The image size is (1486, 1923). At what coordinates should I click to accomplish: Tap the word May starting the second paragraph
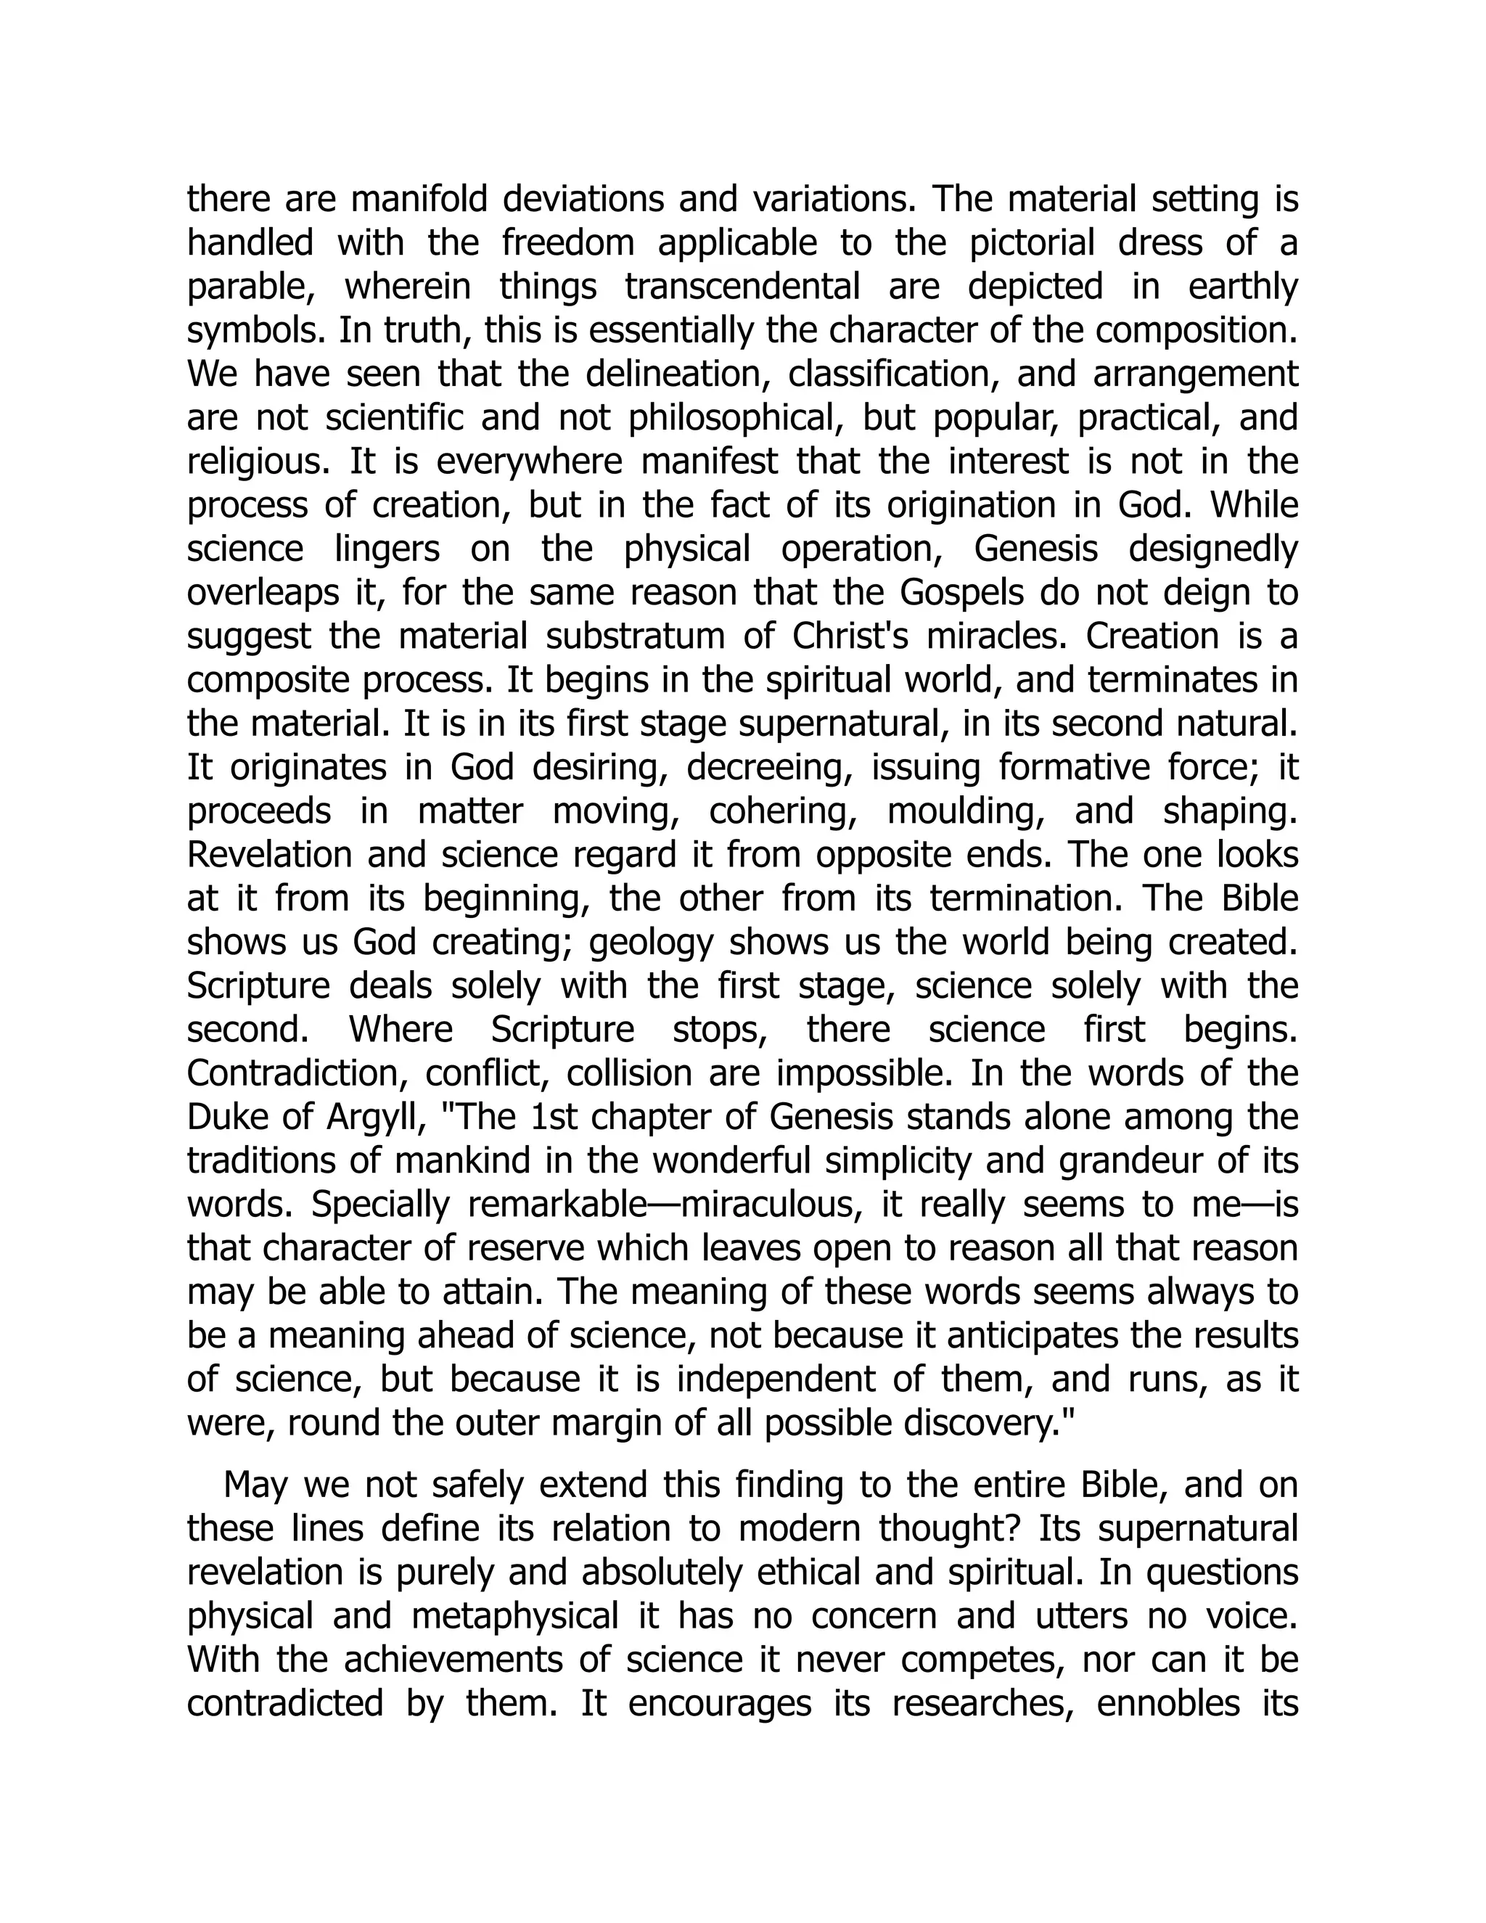click(255, 1485)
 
